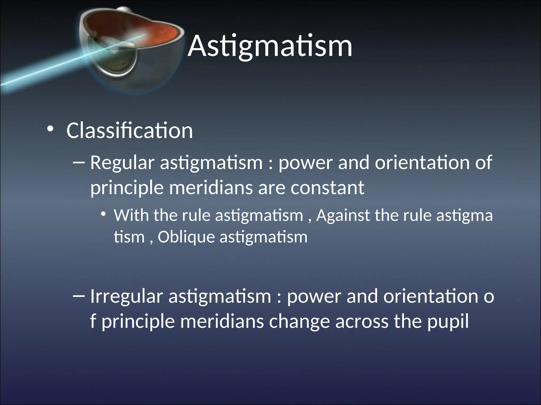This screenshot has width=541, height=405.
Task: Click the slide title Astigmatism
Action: point(270,46)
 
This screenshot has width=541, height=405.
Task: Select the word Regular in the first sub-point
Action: point(122,163)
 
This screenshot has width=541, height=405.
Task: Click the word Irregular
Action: point(126,296)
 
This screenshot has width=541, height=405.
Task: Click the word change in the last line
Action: point(299,322)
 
